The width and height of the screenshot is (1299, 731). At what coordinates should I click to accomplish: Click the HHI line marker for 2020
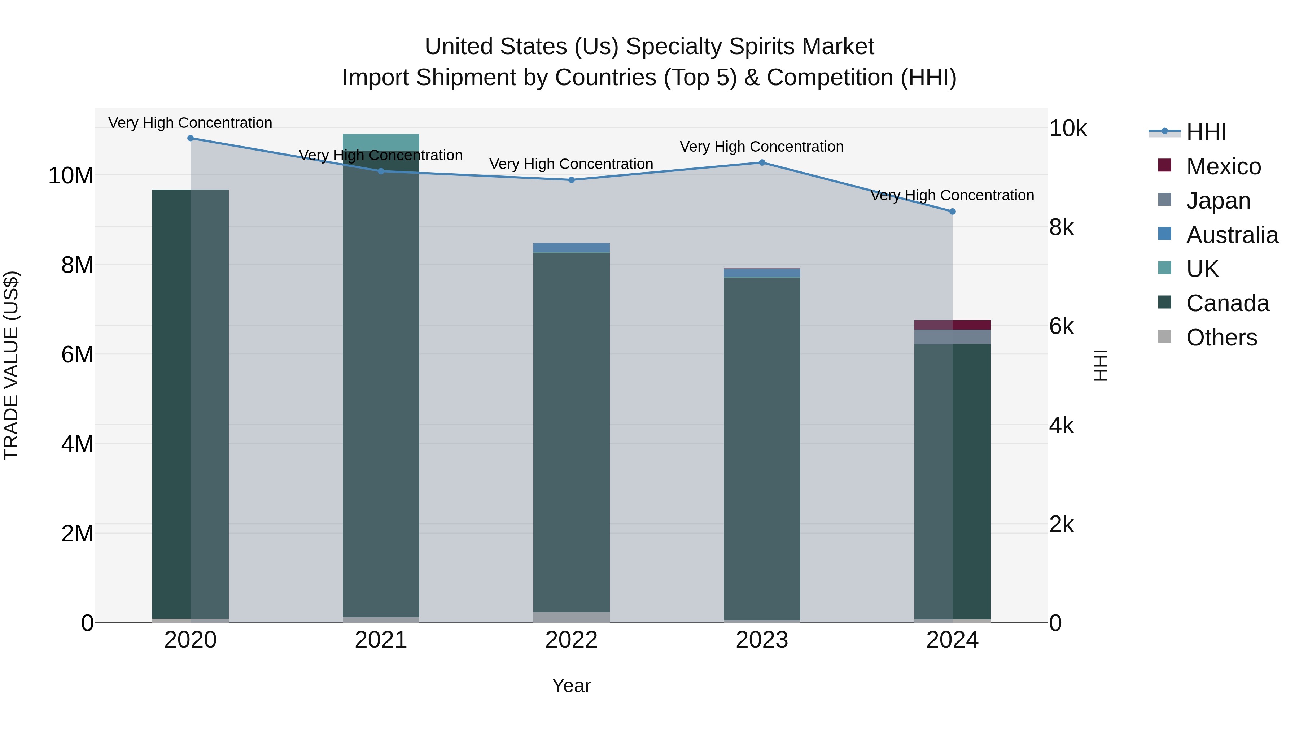pos(190,138)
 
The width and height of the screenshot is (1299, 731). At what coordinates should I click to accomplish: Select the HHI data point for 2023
pos(762,162)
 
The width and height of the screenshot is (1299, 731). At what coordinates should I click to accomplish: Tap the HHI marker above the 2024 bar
pos(952,212)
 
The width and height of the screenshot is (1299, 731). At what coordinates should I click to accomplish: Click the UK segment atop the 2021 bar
pos(381,142)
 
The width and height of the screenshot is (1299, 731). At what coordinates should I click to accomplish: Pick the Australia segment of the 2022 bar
pos(571,247)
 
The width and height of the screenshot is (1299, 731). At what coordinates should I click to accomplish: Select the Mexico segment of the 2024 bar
pos(952,325)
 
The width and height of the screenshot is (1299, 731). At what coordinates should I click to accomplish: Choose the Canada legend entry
pos(1227,303)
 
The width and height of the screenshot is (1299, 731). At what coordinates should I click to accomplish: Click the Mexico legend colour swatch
pos(1164,165)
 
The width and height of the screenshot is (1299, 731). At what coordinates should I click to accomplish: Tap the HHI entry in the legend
pos(1206,132)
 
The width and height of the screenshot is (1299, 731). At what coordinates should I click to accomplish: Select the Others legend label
pos(1221,338)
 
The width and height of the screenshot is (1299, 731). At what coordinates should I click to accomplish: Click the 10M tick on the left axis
pos(71,175)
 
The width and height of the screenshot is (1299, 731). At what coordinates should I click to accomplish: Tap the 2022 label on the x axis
pos(571,640)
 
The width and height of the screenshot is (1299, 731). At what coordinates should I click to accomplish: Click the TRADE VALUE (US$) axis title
pos(11,365)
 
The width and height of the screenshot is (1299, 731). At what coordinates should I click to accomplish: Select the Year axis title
pos(571,686)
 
